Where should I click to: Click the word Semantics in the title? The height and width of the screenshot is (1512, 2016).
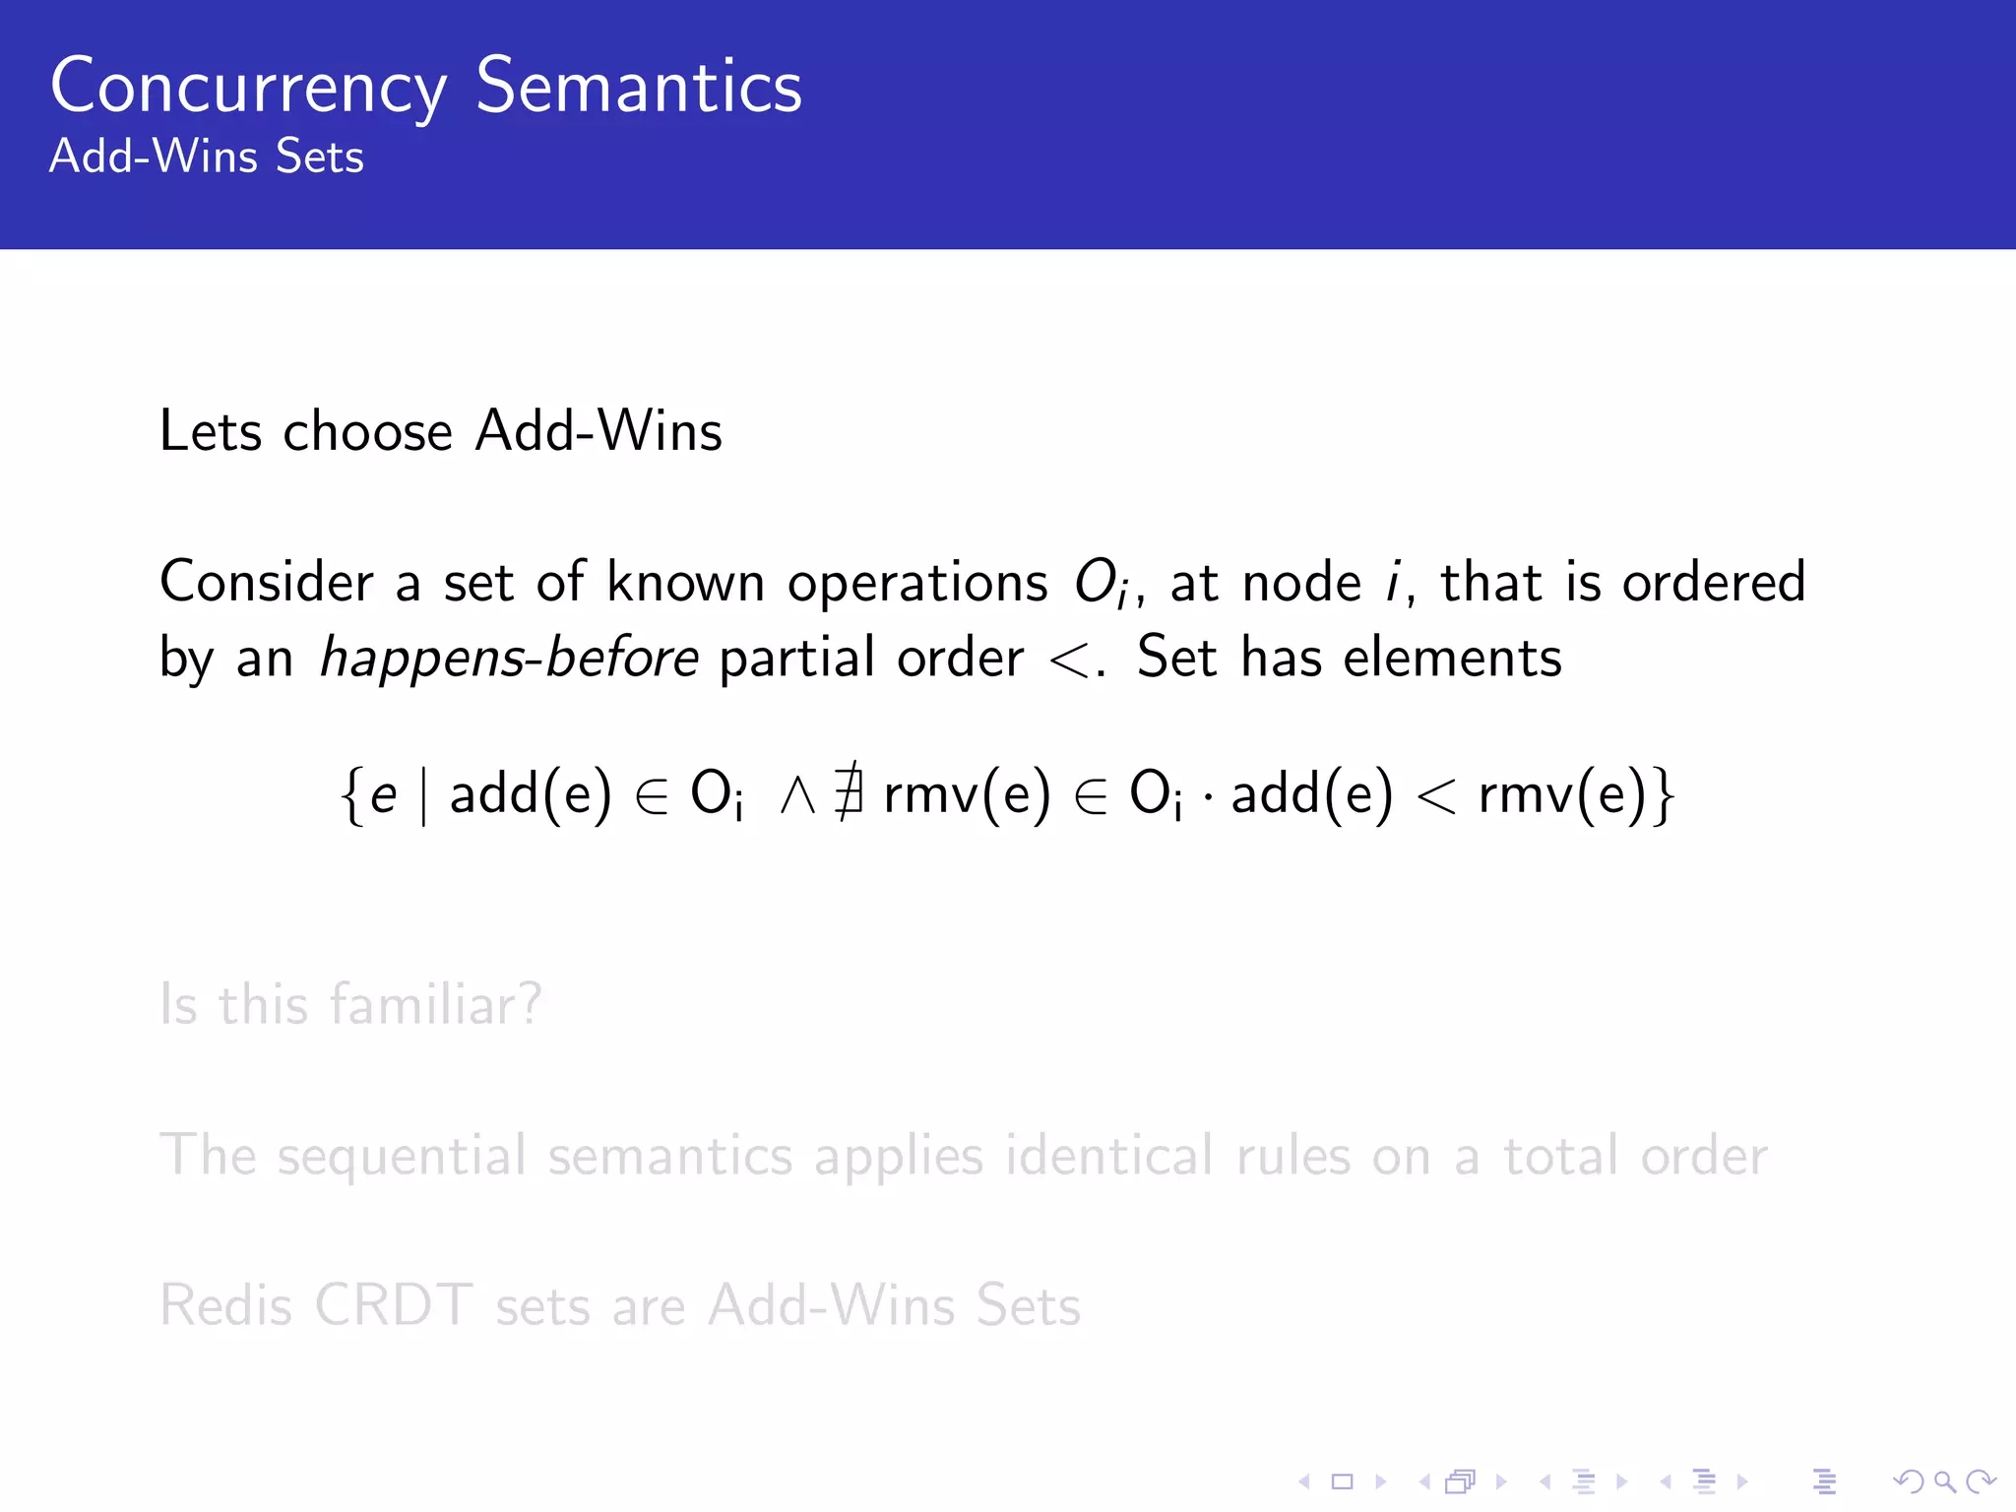point(639,87)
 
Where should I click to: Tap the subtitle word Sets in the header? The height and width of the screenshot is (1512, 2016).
point(319,157)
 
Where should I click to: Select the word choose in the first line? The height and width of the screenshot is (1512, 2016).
point(367,432)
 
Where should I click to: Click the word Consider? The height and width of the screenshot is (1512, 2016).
point(267,582)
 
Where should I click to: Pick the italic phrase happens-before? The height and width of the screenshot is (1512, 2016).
point(509,658)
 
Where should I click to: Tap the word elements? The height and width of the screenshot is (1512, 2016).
point(1452,657)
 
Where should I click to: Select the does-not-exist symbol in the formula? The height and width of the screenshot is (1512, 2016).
point(849,793)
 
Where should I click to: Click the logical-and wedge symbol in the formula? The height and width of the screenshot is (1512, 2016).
point(797,795)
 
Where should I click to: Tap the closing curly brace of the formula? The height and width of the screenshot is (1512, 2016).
point(1664,795)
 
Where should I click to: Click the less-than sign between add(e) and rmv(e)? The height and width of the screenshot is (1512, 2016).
point(1436,795)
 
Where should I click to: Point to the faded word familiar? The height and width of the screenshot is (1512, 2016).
point(434,1004)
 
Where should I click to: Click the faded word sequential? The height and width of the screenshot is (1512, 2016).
point(401,1157)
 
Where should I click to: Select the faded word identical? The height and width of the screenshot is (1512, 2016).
point(1109,1155)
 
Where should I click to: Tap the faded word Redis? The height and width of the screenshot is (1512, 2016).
point(225,1306)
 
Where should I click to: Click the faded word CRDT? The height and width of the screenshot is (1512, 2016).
point(394,1306)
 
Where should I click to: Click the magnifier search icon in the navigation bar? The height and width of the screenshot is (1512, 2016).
point(1944,1481)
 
